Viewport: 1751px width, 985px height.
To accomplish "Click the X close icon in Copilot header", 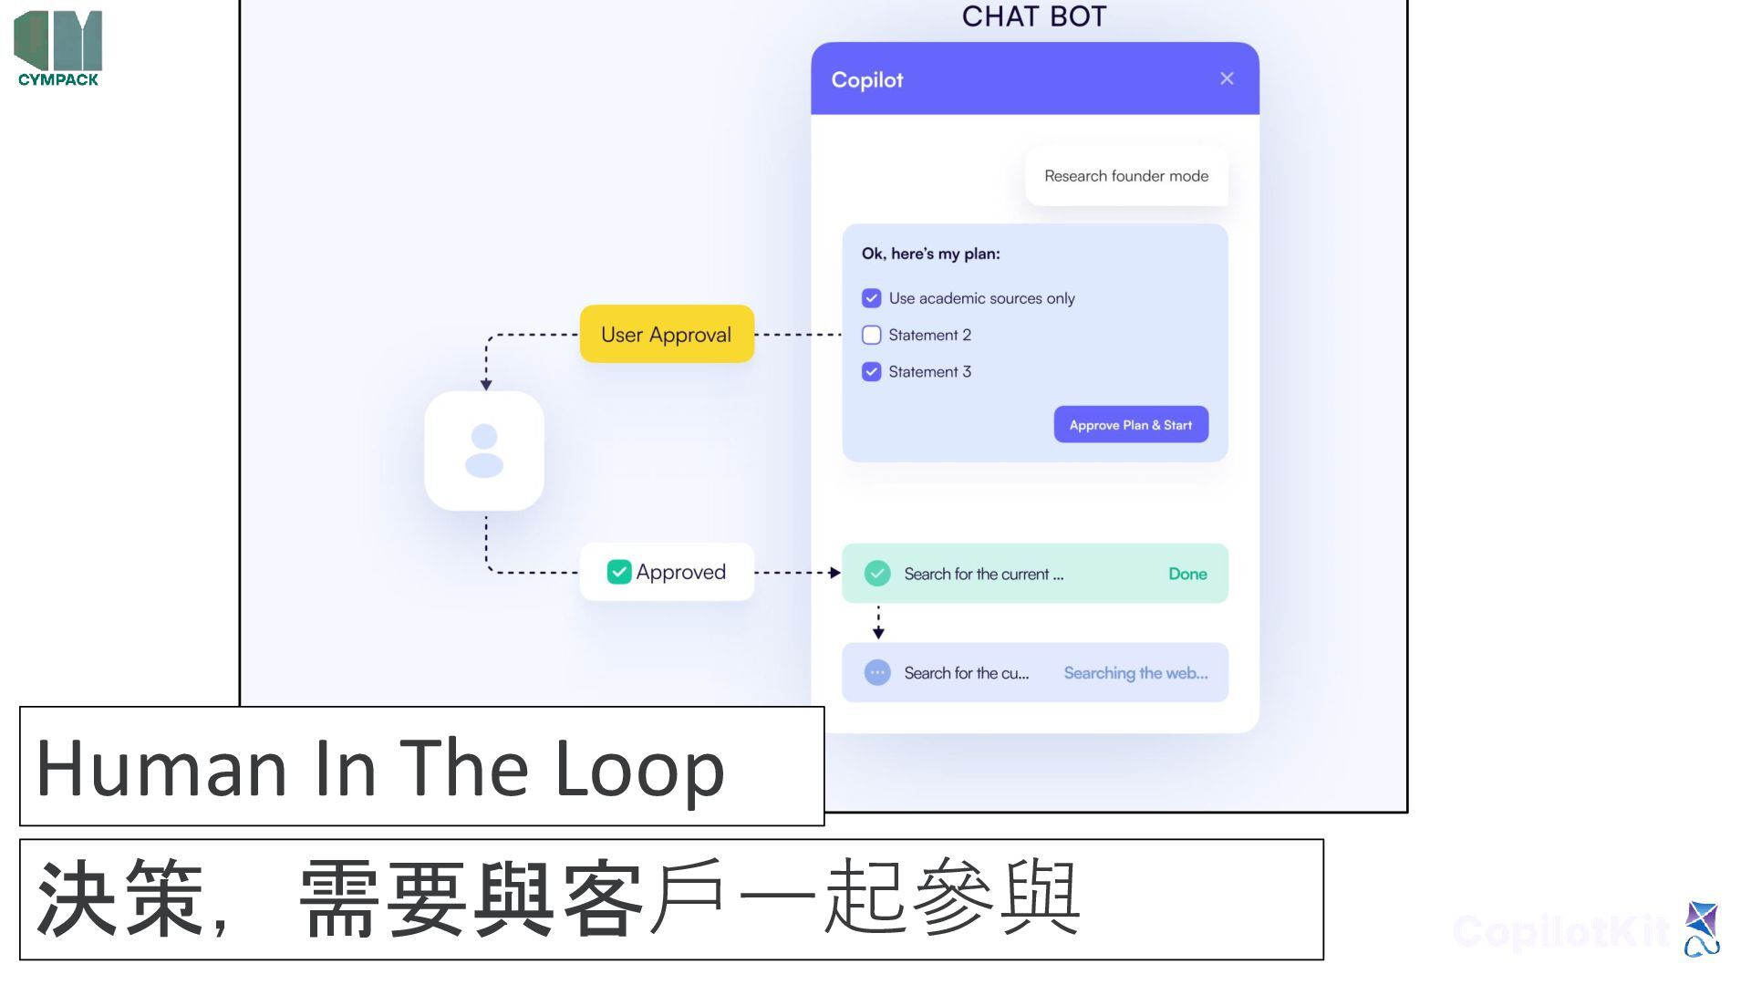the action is [x=1227, y=78].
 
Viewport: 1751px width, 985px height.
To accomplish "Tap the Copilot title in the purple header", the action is [x=866, y=80].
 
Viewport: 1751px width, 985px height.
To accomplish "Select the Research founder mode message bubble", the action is [x=1126, y=176].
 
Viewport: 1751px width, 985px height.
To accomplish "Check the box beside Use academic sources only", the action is [x=871, y=298].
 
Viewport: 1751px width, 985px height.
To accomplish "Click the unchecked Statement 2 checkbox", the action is [x=871, y=335].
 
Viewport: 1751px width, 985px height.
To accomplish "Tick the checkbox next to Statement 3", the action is [x=871, y=371].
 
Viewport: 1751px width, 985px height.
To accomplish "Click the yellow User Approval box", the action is [x=667, y=334].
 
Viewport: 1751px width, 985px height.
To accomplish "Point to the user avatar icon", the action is [x=484, y=451].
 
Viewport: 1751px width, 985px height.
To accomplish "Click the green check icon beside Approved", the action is [x=619, y=572].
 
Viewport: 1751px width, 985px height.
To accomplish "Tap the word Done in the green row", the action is [x=1187, y=574].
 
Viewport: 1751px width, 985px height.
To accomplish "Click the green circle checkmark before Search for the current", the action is [x=877, y=573].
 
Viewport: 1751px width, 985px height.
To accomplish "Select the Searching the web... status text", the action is [x=1135, y=673].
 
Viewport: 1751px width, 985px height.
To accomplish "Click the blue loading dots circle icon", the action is [x=877, y=673].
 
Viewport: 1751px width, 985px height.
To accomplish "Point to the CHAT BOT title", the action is [x=1034, y=16].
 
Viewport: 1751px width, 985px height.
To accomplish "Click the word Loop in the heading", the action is [x=639, y=768].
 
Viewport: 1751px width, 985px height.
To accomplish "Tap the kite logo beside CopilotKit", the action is [x=1702, y=928].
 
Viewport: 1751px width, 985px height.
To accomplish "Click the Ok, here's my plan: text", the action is [x=930, y=254].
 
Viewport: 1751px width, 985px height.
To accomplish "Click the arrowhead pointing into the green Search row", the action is [x=834, y=573].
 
